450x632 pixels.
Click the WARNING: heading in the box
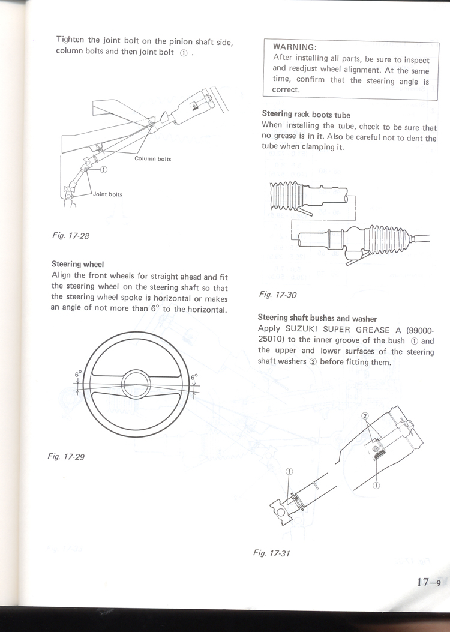(x=295, y=47)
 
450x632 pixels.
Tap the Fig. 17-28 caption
(x=70, y=236)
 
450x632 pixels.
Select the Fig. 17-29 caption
(x=66, y=457)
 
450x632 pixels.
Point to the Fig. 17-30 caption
(x=278, y=295)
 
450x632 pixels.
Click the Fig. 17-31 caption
(x=272, y=553)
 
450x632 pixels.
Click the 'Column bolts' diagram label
(x=152, y=159)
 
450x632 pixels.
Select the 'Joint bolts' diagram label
(x=107, y=194)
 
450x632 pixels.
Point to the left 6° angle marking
(x=78, y=374)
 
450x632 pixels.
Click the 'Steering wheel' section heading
(x=77, y=264)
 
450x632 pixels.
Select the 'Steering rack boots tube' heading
(x=306, y=114)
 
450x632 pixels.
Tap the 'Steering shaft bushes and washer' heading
(x=317, y=318)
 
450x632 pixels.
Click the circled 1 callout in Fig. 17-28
(x=103, y=170)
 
